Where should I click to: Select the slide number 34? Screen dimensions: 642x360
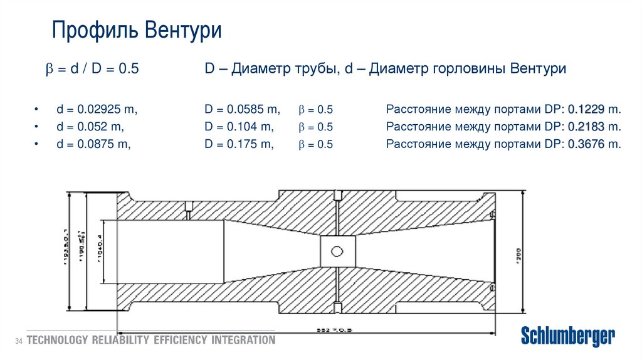18,341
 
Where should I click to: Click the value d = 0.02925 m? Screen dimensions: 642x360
97,109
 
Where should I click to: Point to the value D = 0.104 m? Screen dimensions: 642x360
239,127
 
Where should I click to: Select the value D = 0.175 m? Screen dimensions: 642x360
239,144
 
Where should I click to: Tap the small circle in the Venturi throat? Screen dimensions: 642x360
337,252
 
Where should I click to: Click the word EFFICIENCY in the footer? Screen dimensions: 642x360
171,341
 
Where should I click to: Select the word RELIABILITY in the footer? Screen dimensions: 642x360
117,341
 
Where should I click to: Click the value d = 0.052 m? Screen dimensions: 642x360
90,127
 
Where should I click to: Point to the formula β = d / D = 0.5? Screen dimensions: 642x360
92,69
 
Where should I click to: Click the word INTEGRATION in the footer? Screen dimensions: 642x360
243,341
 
